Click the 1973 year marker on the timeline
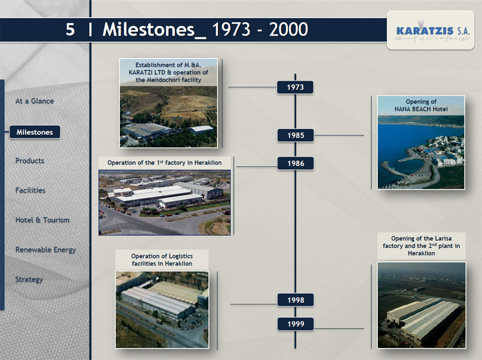tap(295, 87)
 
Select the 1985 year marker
tap(295, 135)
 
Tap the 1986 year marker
tap(295, 163)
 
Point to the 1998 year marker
tap(295, 300)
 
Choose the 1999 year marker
tap(295, 324)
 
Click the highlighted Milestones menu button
tap(35, 132)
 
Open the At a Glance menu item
tap(34, 101)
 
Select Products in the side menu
tap(30, 161)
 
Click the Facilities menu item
tap(30, 190)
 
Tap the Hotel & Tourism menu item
tap(42, 220)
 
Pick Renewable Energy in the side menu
tap(46, 250)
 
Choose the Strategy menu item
tap(29, 279)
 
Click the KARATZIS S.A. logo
tap(430, 30)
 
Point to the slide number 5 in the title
tap(70, 29)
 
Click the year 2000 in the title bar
tap(289, 29)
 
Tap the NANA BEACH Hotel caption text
tap(421, 105)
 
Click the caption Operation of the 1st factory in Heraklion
tap(164, 163)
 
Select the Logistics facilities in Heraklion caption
tap(162, 260)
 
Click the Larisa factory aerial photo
tap(421, 305)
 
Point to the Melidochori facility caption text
tap(169, 72)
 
